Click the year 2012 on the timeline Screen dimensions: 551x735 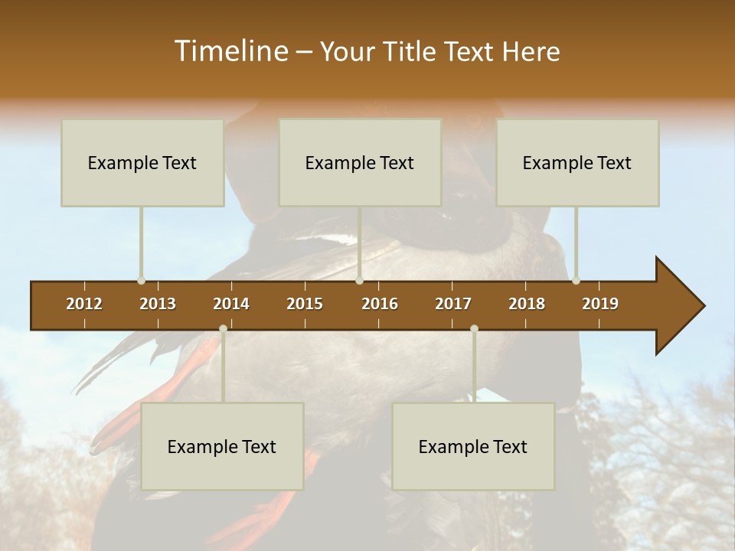84,304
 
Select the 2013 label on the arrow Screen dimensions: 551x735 158,304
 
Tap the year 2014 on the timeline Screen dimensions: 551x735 231,304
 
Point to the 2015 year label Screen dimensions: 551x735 305,304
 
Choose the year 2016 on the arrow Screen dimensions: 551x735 380,304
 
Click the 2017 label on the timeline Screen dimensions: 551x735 453,304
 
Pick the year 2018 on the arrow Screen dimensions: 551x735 527,304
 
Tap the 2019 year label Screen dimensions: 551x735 600,304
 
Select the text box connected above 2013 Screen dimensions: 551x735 142,162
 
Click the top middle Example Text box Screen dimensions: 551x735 360,162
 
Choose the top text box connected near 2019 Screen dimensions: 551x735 577,162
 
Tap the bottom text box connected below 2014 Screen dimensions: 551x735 222,446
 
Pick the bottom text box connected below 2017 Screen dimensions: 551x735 473,446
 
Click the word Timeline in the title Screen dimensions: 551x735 230,51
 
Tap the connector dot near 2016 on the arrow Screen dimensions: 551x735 360,280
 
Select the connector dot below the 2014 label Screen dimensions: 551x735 223,329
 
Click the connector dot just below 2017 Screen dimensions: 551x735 474,329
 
